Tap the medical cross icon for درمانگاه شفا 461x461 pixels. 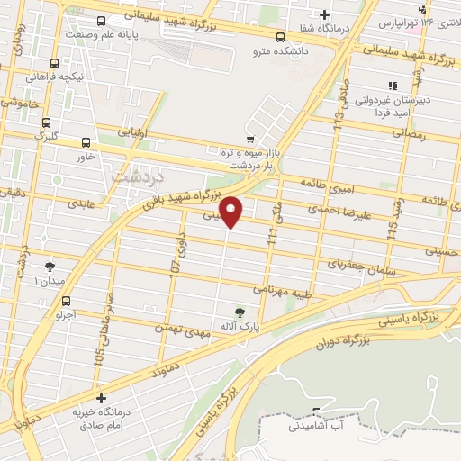click(324, 14)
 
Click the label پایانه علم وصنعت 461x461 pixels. click(106, 34)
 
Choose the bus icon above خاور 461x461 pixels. click(86, 142)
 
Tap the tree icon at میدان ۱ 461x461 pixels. click(49, 267)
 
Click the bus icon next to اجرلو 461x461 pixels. click(67, 303)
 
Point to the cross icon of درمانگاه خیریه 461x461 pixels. click(101, 397)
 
